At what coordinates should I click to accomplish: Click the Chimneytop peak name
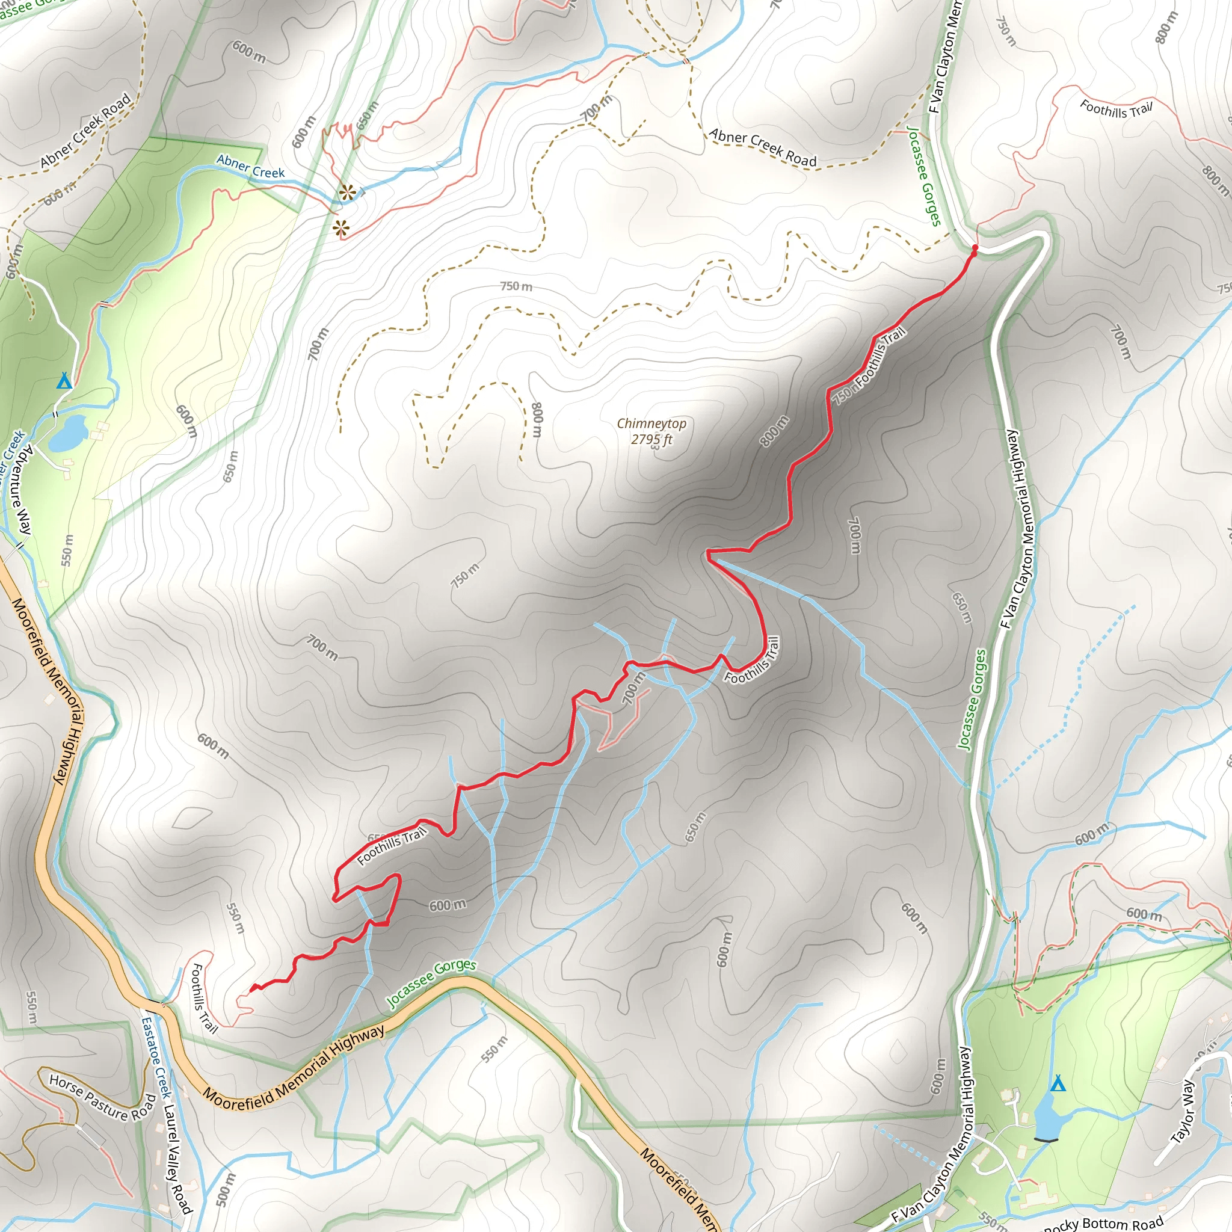(x=651, y=423)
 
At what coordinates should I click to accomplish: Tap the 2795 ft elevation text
(x=651, y=439)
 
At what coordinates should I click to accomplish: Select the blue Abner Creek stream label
(x=250, y=167)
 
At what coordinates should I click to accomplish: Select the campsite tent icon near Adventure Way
(x=63, y=381)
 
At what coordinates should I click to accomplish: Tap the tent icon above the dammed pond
(x=1058, y=1083)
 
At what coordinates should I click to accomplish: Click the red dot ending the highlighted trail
(x=975, y=247)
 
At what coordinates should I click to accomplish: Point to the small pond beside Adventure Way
(x=68, y=434)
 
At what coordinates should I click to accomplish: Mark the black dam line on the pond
(x=1047, y=1139)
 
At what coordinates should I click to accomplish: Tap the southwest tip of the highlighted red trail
(x=251, y=990)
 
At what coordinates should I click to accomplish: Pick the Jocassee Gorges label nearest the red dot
(x=924, y=176)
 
